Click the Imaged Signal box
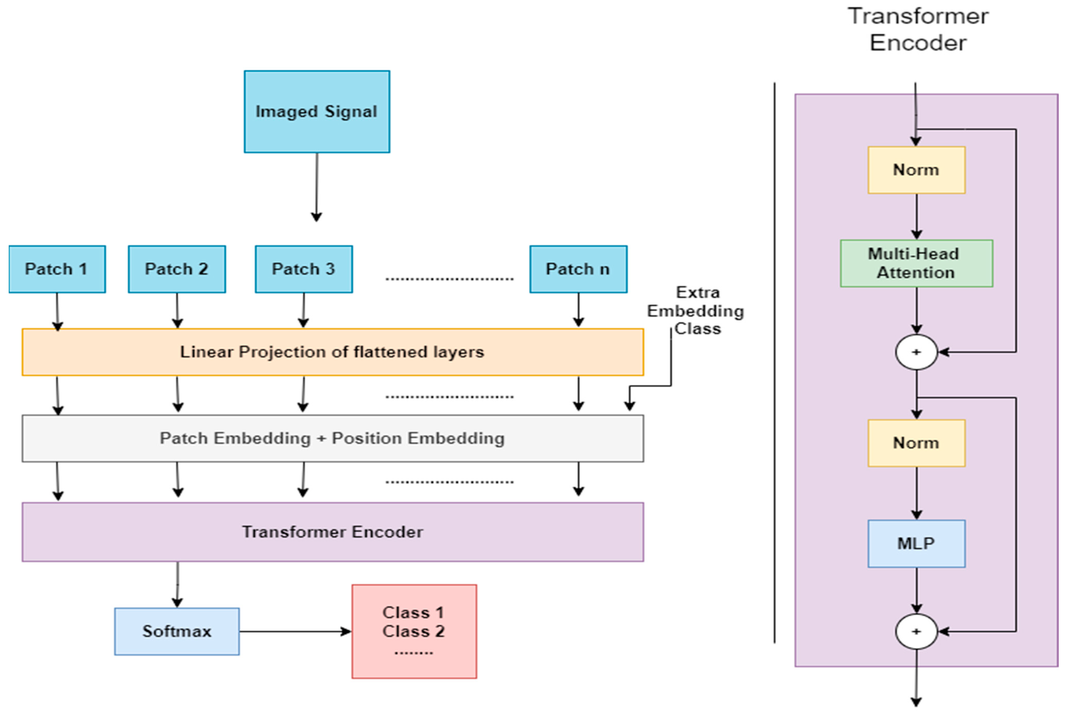click(x=317, y=112)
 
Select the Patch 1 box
click(x=57, y=269)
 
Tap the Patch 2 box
click(x=177, y=269)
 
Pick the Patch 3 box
click(x=304, y=269)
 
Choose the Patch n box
click(x=578, y=269)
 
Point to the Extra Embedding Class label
click(x=696, y=310)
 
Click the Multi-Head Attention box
click(x=916, y=263)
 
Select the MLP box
click(x=916, y=544)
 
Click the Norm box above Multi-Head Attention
click(x=916, y=170)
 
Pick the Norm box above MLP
click(x=916, y=443)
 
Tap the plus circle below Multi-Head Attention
click(x=916, y=352)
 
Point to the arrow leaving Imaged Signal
click(x=317, y=187)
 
